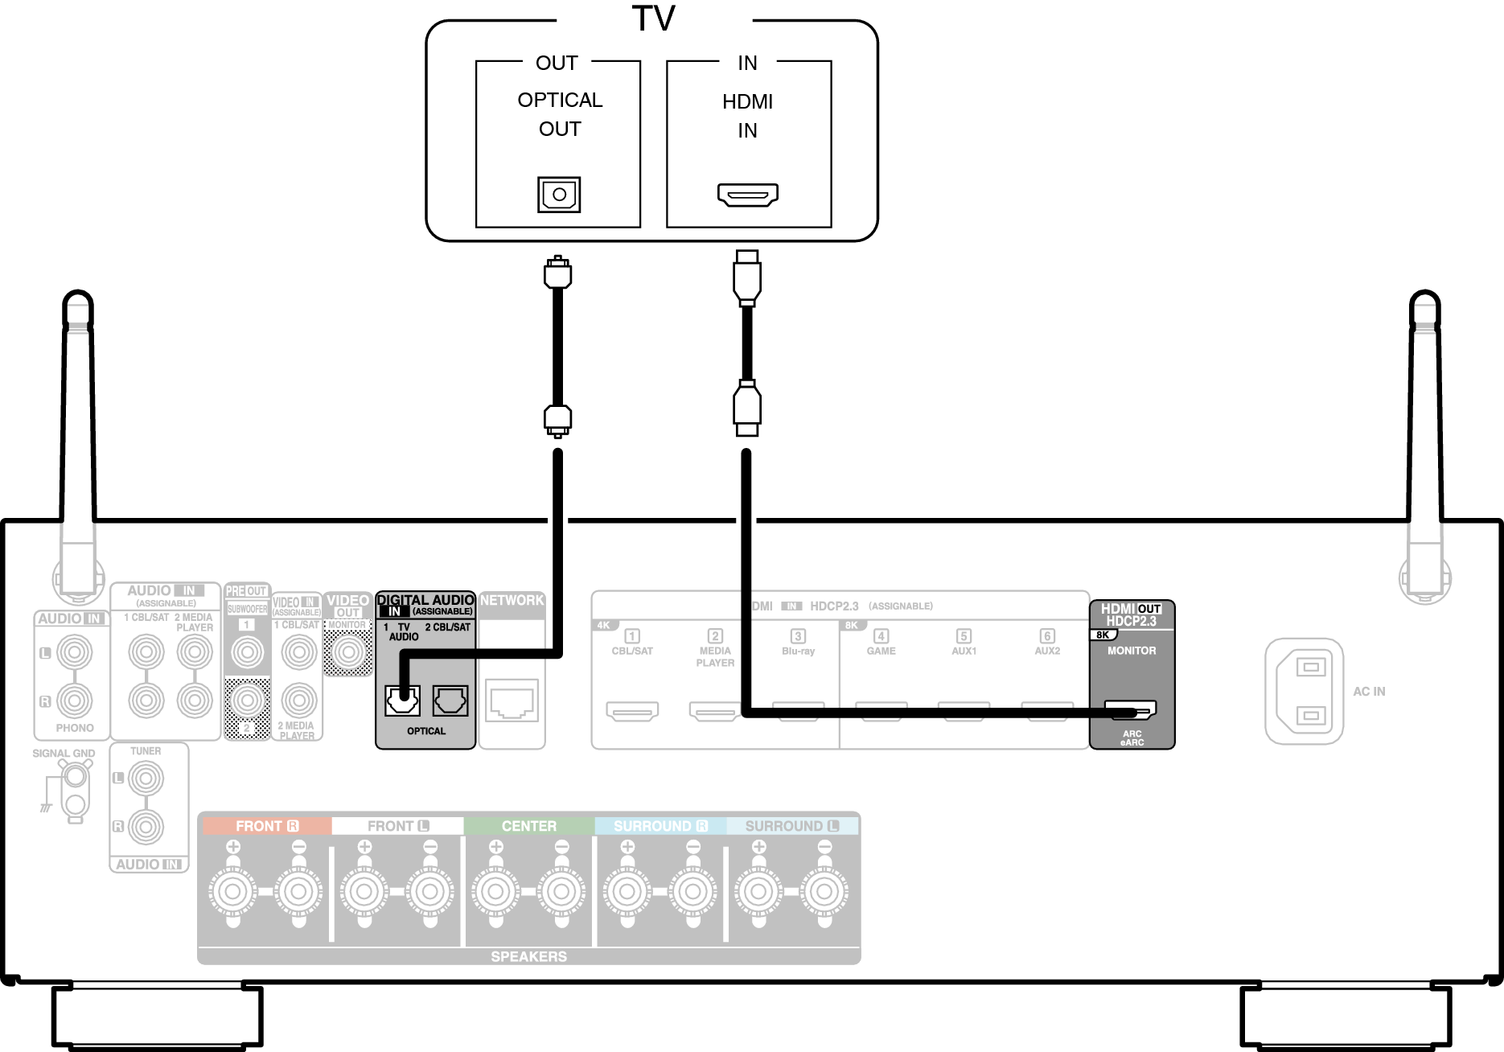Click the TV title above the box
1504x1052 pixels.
pyautogui.click(x=653, y=18)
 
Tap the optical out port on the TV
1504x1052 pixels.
pyautogui.click(x=559, y=194)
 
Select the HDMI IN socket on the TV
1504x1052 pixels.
pyautogui.click(x=747, y=195)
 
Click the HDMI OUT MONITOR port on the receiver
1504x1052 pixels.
pyautogui.click(x=1131, y=710)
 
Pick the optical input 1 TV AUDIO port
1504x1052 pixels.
pyautogui.click(x=402, y=701)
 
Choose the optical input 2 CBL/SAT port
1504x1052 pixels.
pyautogui.click(x=450, y=701)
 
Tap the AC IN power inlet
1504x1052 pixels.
pyautogui.click(x=1304, y=691)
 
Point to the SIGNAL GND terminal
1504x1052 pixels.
pyautogui.click(x=75, y=777)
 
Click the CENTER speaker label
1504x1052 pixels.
pyautogui.click(x=528, y=826)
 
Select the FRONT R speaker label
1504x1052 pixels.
pyautogui.click(x=266, y=826)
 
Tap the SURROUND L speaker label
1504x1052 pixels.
pyautogui.click(x=791, y=826)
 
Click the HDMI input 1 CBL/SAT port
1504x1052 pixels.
pyautogui.click(x=632, y=711)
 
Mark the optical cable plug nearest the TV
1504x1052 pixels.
pyautogui.click(x=557, y=272)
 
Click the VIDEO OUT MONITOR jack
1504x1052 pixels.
pyautogui.click(x=347, y=651)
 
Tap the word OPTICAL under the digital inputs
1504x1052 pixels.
pyautogui.click(x=425, y=731)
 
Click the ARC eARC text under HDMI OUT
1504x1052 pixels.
pyautogui.click(x=1132, y=738)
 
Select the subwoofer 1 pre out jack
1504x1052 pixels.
pyautogui.click(x=247, y=651)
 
